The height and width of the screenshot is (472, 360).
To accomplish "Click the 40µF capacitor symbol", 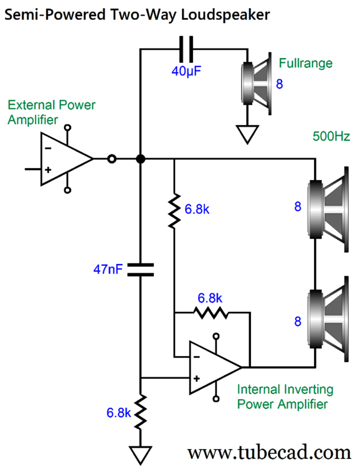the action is [x=186, y=49].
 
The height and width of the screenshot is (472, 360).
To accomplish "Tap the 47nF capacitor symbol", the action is [x=141, y=270].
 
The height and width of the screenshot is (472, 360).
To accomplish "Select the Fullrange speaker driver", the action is [x=257, y=83].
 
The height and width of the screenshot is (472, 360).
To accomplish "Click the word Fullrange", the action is [x=306, y=64].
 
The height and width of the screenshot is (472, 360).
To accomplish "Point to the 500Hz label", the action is [x=331, y=136].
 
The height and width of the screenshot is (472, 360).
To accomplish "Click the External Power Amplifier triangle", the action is [x=67, y=159].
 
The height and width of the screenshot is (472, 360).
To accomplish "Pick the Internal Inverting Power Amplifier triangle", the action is [x=216, y=367].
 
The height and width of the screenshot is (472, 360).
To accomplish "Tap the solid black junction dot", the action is [x=141, y=159].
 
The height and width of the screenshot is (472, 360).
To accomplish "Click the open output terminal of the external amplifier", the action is [x=112, y=159].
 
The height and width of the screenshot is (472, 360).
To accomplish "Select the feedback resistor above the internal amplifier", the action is [x=211, y=313].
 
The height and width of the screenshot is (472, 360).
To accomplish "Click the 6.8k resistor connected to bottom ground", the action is [x=141, y=412].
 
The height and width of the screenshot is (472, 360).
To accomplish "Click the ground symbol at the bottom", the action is [x=141, y=455].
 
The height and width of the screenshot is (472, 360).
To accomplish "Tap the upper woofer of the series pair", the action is [x=328, y=209].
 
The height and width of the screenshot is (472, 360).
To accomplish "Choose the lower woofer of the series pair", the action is [x=328, y=319].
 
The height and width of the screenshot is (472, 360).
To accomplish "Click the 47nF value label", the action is [x=108, y=269].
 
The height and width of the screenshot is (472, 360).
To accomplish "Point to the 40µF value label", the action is [x=186, y=72].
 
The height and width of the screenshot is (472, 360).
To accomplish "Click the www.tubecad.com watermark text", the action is [x=270, y=453].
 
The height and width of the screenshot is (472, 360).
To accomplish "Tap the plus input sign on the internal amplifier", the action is [x=197, y=379].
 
